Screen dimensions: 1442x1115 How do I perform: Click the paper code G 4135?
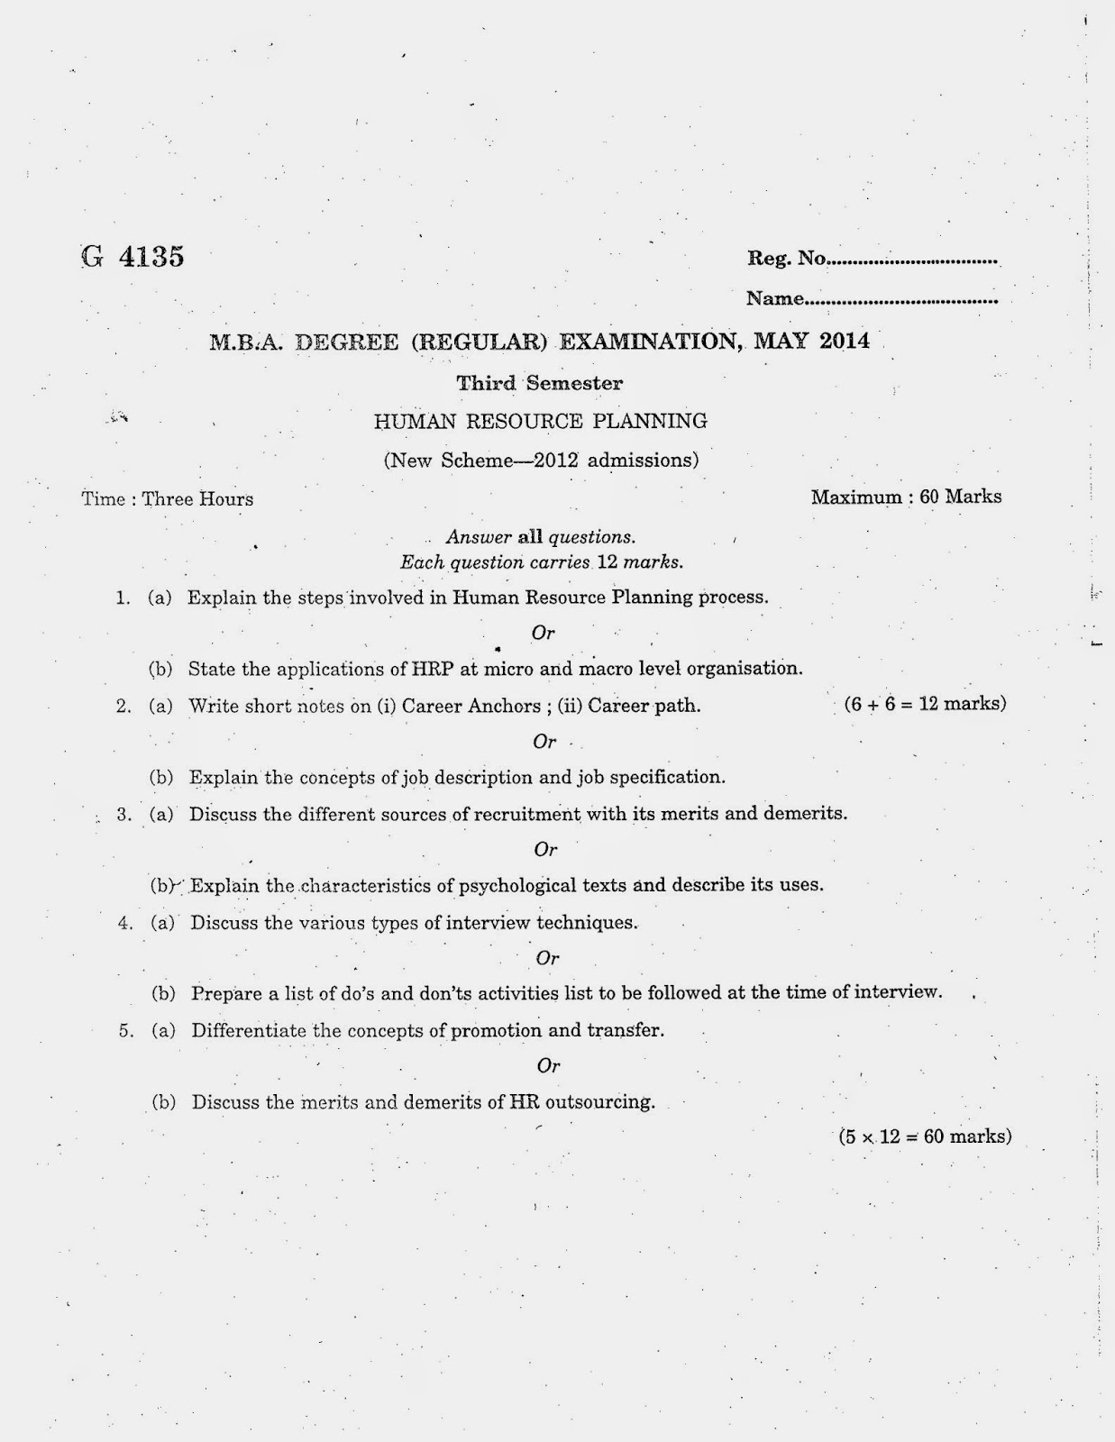133,257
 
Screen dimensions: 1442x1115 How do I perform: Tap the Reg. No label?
786,259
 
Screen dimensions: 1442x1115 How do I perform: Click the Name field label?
774,298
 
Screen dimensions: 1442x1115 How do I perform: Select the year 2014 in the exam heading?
845,341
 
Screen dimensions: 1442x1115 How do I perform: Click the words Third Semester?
539,383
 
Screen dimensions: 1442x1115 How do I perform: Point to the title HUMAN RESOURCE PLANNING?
540,421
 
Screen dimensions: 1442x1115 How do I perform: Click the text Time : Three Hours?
168,499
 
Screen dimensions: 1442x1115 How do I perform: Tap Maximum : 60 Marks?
906,497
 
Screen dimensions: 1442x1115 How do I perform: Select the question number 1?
123,598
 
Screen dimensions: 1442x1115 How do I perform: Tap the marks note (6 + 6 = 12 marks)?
925,704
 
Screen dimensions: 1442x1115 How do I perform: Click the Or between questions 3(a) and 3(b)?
546,849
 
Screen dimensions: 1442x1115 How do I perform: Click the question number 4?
125,923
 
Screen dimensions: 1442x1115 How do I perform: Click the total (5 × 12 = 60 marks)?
925,1136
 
